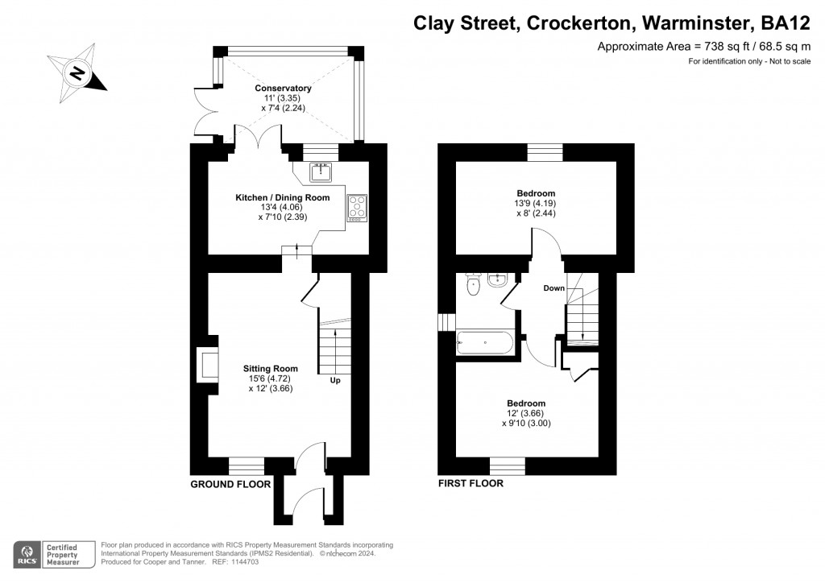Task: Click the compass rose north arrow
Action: [x=77, y=73]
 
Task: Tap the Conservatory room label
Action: [x=283, y=88]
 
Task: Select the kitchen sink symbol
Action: [x=322, y=172]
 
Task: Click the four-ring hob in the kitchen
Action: [x=356, y=208]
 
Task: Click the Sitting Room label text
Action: [x=271, y=369]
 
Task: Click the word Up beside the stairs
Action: [x=334, y=380]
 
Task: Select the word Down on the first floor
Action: [x=553, y=287]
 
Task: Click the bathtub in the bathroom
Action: [x=483, y=343]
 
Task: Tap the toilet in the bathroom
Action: [x=473, y=285]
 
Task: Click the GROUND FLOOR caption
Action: [x=226, y=484]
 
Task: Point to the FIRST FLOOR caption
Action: [x=471, y=484]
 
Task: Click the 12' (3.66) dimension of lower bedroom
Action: [x=526, y=413]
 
